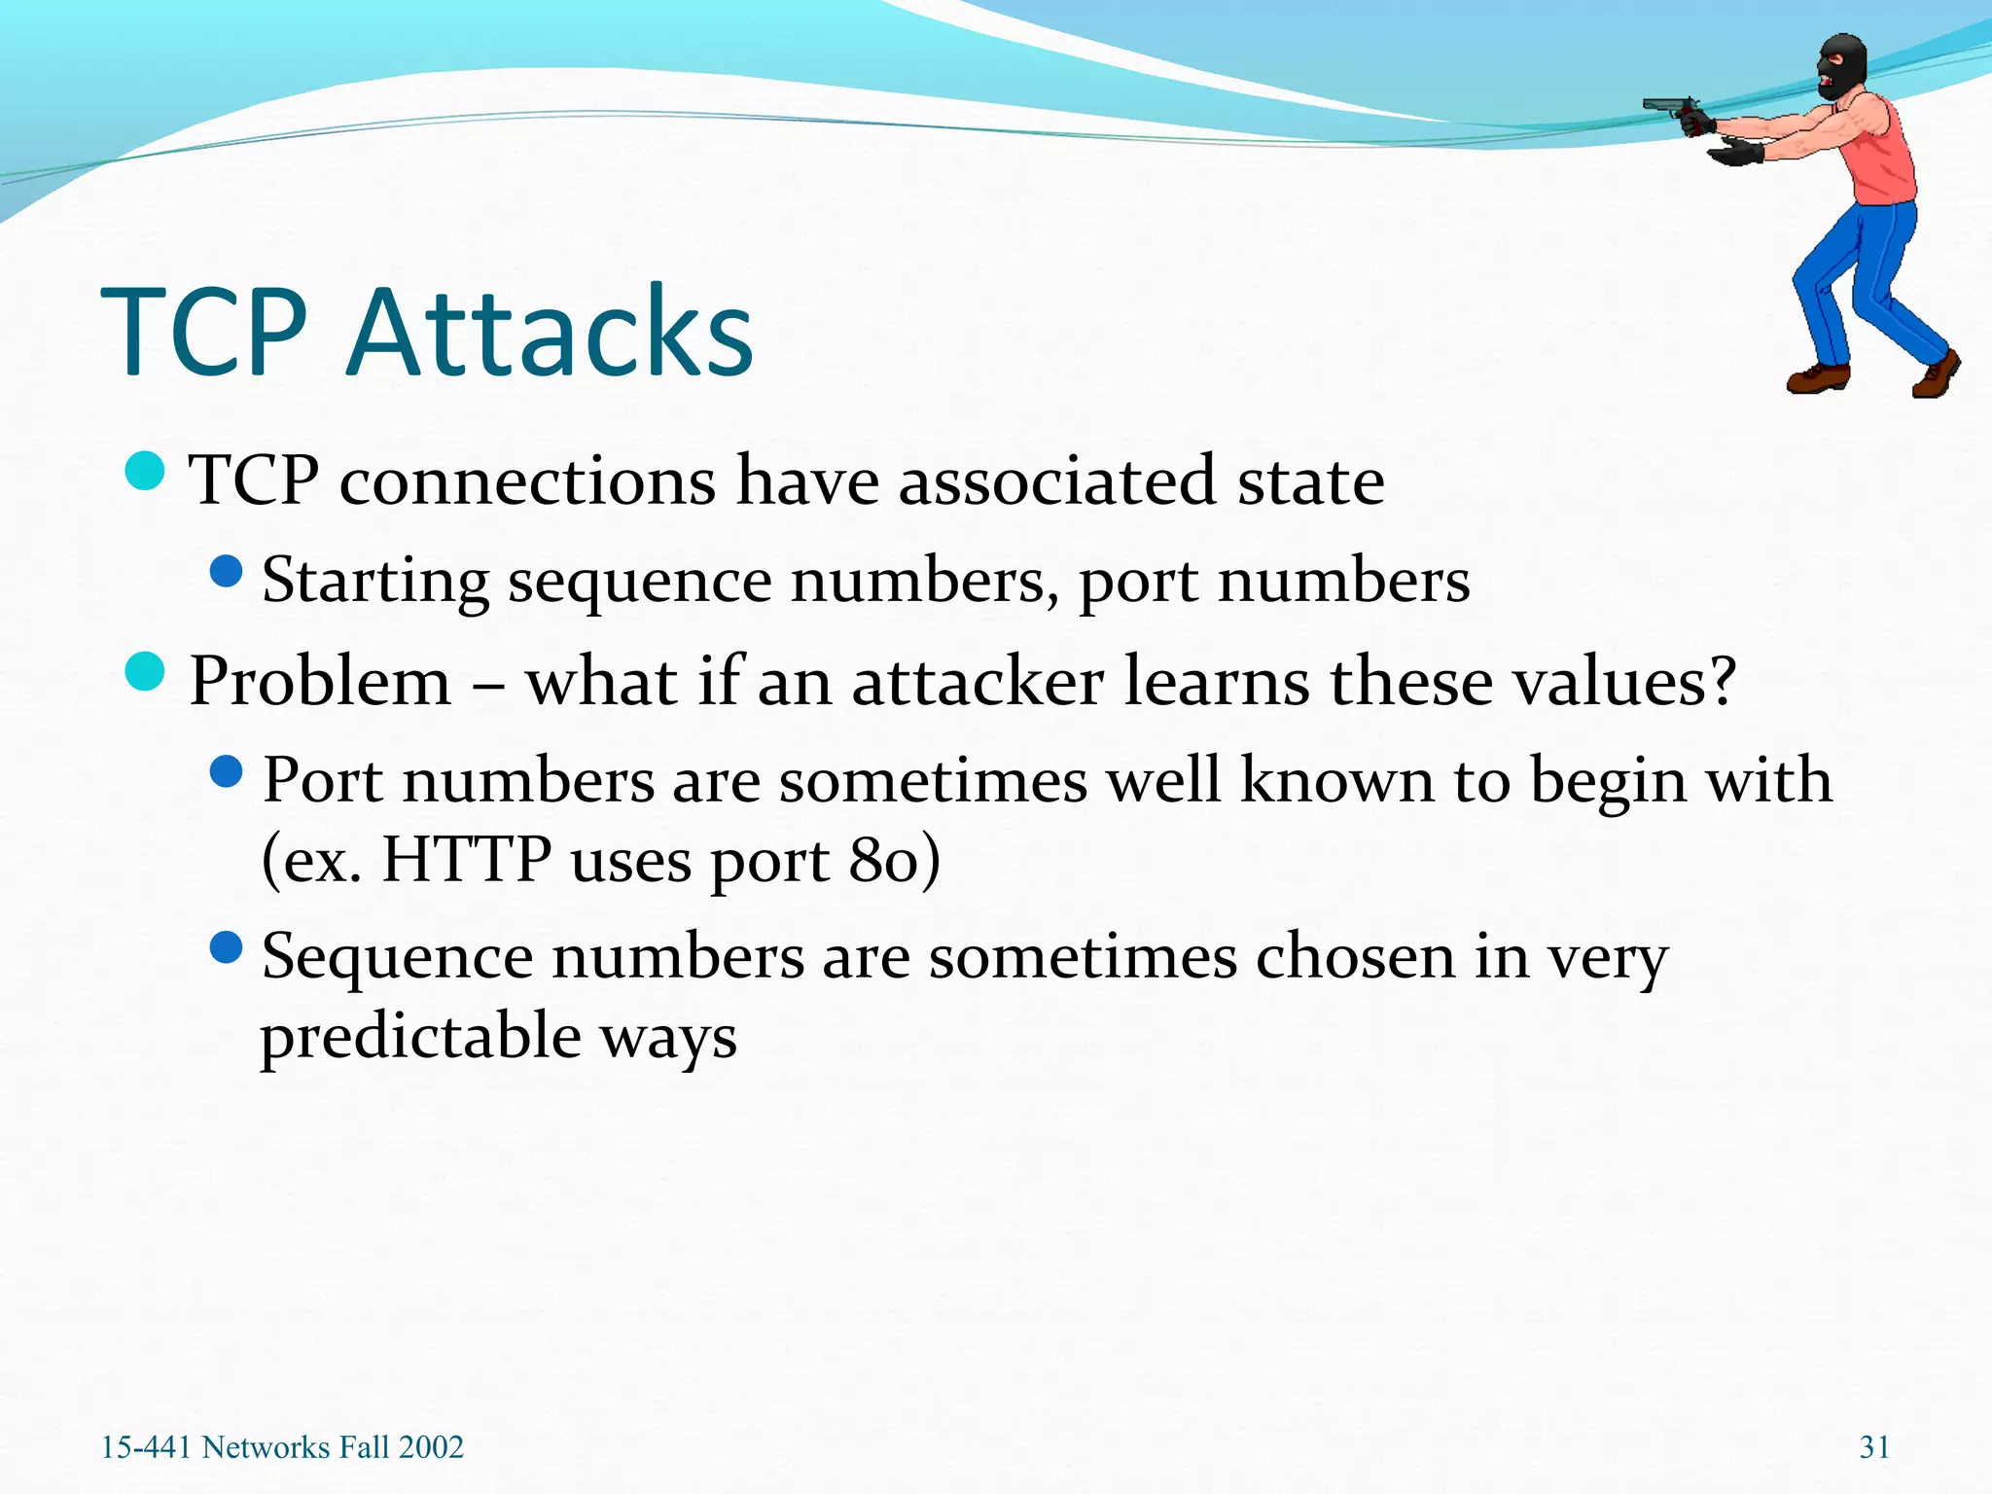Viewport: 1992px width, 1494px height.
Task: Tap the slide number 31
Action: (x=1874, y=1447)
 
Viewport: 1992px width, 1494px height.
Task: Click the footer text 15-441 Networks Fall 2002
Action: (x=282, y=1447)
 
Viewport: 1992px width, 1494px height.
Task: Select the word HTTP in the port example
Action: (x=467, y=860)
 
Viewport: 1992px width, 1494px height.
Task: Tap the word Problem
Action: (x=320, y=681)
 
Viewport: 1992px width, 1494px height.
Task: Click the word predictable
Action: (x=420, y=1037)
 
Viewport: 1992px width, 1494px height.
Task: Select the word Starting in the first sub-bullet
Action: (x=375, y=582)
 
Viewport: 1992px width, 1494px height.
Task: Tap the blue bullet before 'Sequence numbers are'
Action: (x=226, y=947)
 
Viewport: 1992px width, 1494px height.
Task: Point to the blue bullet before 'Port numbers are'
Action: (x=226, y=772)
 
